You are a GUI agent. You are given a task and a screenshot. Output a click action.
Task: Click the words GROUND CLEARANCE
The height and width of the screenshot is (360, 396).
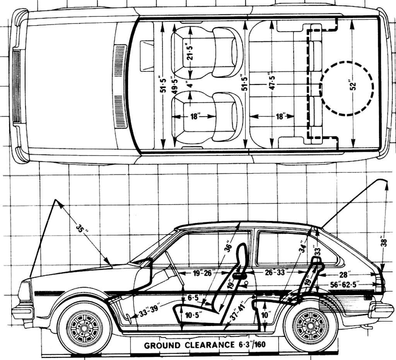(183, 345)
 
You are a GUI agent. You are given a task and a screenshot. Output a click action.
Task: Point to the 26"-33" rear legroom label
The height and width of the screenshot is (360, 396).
(275, 272)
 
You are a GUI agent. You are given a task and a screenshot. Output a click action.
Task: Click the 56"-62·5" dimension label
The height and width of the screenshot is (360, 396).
(344, 285)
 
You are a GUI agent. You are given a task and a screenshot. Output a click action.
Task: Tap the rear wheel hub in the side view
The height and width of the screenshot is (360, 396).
(311, 326)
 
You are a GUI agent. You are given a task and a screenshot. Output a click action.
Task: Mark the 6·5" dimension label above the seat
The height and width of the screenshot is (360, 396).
(193, 298)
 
